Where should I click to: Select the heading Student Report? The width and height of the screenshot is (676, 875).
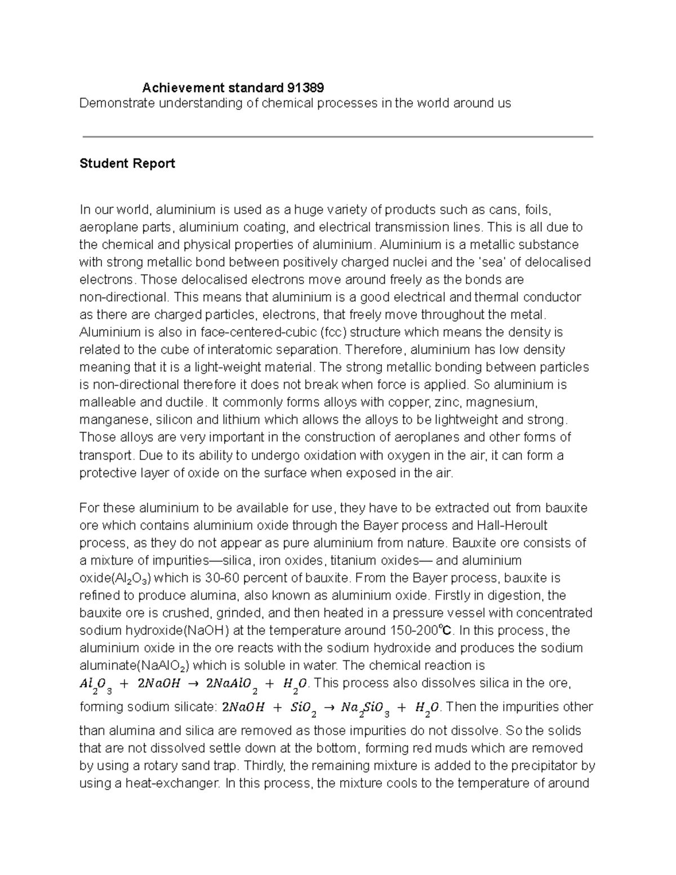pyautogui.click(x=127, y=163)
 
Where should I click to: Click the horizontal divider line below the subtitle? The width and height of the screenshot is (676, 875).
pyautogui.click(x=338, y=136)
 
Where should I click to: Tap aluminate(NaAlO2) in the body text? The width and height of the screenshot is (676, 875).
pyautogui.click(x=135, y=665)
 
